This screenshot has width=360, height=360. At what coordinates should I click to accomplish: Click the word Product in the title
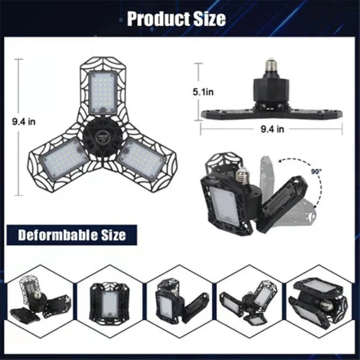tap(158, 19)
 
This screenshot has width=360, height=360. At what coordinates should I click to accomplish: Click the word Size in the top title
tap(209, 19)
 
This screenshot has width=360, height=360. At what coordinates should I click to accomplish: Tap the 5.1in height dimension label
tap(203, 92)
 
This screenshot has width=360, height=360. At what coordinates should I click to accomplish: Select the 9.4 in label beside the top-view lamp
tap(24, 121)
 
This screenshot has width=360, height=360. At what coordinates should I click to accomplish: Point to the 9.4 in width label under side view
tap(272, 129)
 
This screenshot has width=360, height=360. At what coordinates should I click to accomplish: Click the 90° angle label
tap(317, 171)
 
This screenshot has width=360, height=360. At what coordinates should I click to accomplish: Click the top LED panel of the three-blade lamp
tap(103, 92)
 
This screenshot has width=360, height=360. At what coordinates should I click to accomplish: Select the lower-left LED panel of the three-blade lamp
tap(63, 158)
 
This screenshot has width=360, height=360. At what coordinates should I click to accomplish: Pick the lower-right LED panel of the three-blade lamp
tap(141, 159)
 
